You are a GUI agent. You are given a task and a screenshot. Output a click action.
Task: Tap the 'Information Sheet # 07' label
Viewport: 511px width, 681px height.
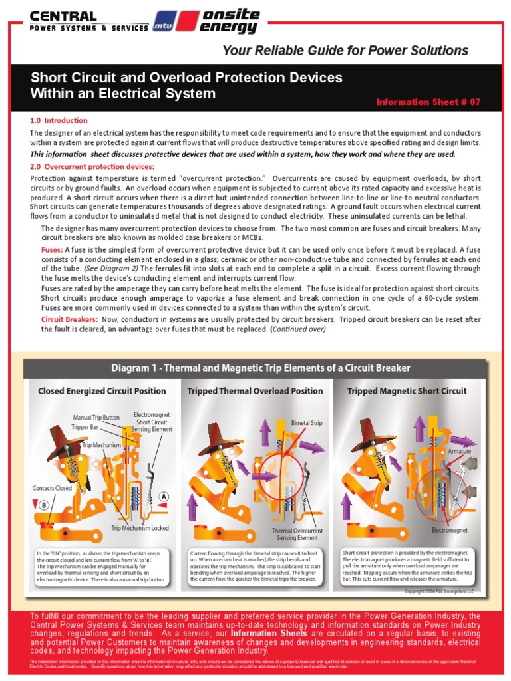(428, 102)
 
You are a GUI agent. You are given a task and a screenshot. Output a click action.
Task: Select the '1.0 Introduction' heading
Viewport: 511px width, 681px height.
(59, 120)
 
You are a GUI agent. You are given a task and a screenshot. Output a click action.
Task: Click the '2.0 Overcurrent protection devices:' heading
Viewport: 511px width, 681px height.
(92, 166)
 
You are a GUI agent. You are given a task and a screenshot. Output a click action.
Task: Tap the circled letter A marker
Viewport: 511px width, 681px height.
(163, 496)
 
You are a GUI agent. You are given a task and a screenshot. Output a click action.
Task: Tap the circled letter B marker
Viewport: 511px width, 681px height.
(45, 505)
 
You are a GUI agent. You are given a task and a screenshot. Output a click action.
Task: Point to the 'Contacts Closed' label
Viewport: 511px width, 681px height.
(52, 488)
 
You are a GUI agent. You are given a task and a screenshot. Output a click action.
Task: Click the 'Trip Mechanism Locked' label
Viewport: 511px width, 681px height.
(140, 528)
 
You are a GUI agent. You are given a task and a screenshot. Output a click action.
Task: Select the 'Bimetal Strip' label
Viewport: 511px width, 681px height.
(307, 422)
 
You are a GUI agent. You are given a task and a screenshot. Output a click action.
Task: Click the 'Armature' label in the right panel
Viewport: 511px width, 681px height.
(460, 451)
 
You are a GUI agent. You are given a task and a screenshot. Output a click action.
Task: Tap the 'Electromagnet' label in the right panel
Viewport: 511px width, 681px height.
(450, 531)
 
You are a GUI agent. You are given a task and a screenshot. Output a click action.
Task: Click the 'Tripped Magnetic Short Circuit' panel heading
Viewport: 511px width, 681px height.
(407, 391)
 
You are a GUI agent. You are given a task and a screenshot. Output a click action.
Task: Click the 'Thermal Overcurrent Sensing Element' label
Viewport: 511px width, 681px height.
(297, 535)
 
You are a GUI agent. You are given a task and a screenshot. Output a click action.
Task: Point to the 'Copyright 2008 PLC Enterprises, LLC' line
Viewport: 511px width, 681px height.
(440, 591)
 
